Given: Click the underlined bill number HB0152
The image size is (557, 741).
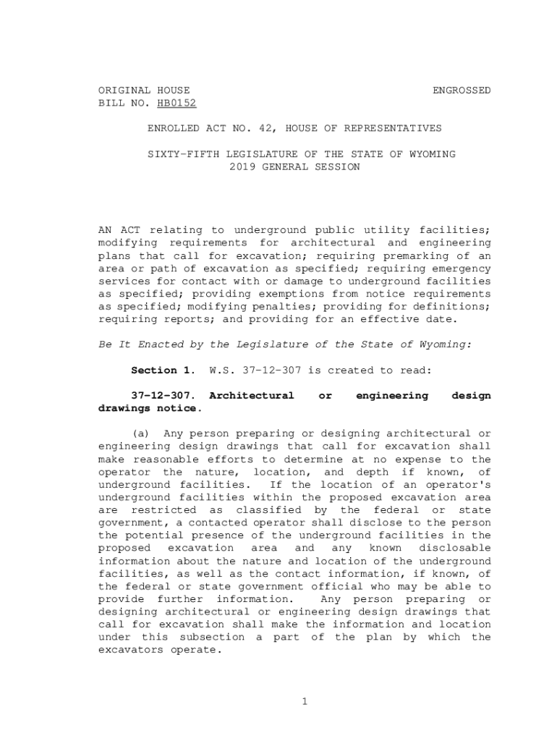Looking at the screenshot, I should (177, 103).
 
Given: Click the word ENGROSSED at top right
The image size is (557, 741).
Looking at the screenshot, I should (462, 90).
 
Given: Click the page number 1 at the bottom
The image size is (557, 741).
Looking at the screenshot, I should (305, 701).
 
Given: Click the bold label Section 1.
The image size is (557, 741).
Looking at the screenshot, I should (163, 370).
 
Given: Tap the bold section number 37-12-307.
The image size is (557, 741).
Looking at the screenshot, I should (163, 395).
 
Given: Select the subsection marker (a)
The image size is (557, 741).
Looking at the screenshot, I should (140, 433).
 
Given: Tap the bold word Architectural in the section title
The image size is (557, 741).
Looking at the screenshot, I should (251, 395).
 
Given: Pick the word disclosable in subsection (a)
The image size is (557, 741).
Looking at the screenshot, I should (455, 548).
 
